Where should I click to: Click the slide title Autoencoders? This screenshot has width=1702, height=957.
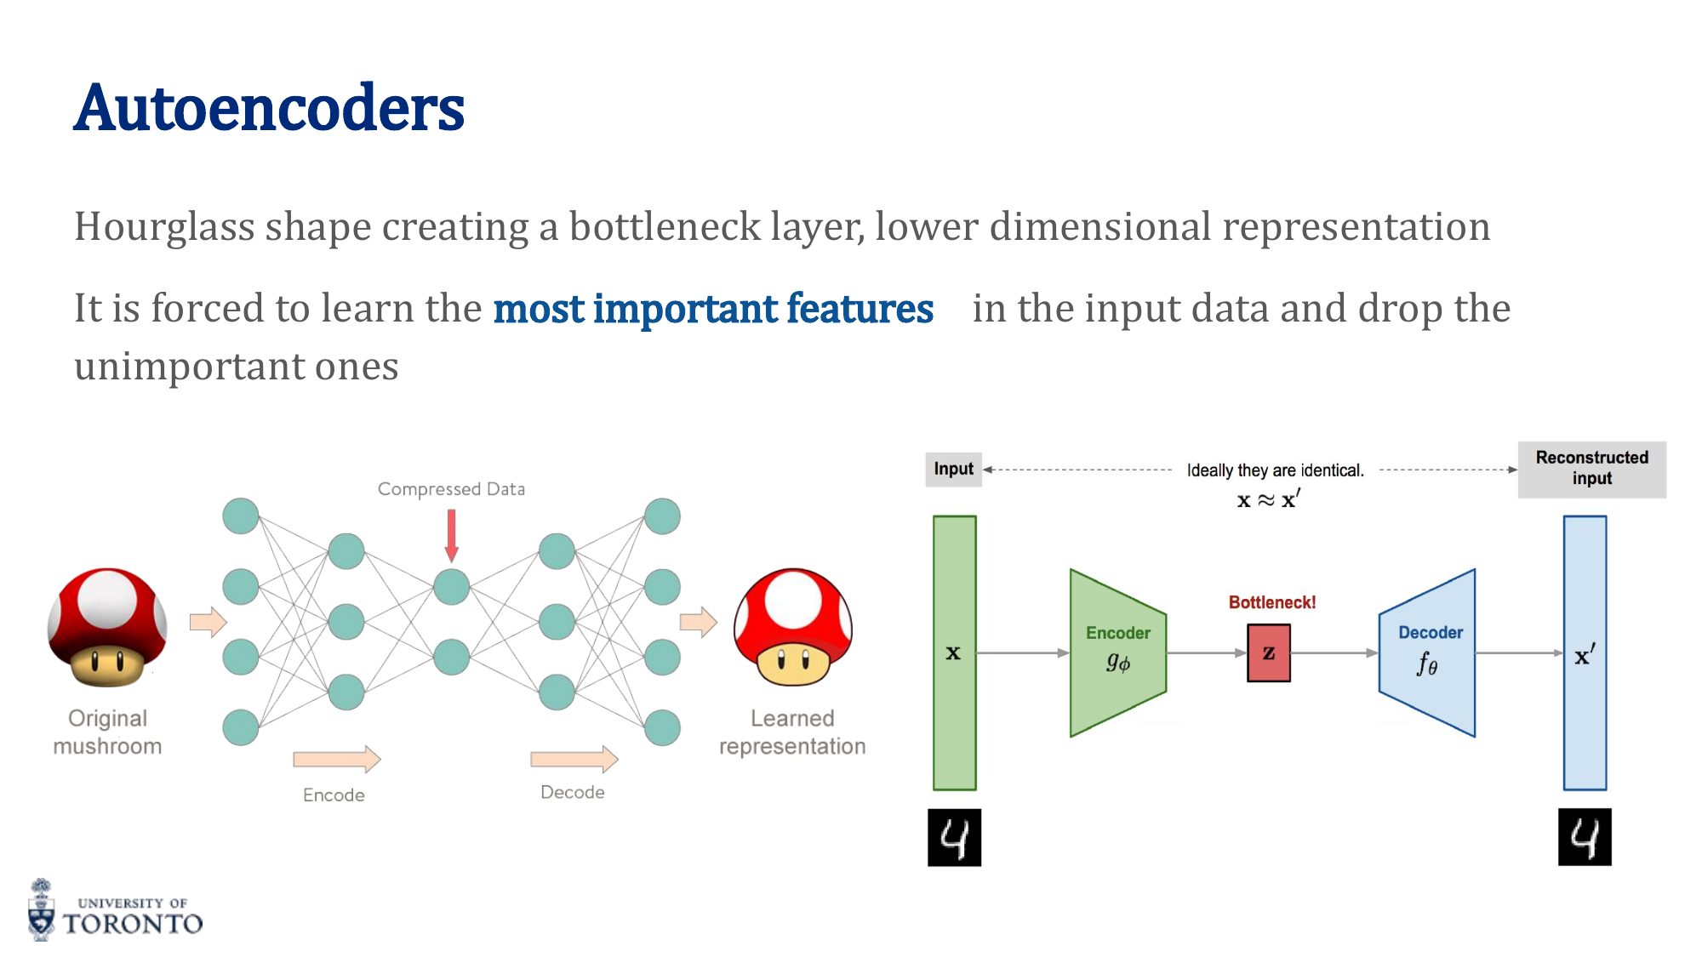tap(269, 109)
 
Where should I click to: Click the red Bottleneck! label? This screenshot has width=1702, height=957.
tap(1271, 602)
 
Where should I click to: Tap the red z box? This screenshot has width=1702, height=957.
tap(1268, 653)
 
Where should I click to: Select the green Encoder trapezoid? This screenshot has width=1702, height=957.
tap(1117, 652)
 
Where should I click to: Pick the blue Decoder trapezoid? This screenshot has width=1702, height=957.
tap(1427, 652)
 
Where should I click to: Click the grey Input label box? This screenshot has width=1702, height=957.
tap(953, 470)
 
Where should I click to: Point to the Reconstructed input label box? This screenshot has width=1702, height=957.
tap(1591, 469)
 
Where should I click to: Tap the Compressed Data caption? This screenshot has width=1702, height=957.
tap(451, 489)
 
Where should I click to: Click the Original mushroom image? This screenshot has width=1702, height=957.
tap(107, 628)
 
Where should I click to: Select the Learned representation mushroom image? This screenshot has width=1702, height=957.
tap(792, 628)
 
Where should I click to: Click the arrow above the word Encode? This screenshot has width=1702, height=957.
tap(336, 759)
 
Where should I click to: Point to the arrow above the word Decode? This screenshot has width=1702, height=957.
tap(574, 759)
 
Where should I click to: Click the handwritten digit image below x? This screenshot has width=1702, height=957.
tap(954, 838)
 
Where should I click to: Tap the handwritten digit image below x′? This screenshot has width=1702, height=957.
tap(1585, 838)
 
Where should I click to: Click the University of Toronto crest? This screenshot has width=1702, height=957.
tap(41, 910)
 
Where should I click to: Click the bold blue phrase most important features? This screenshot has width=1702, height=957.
tap(713, 309)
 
